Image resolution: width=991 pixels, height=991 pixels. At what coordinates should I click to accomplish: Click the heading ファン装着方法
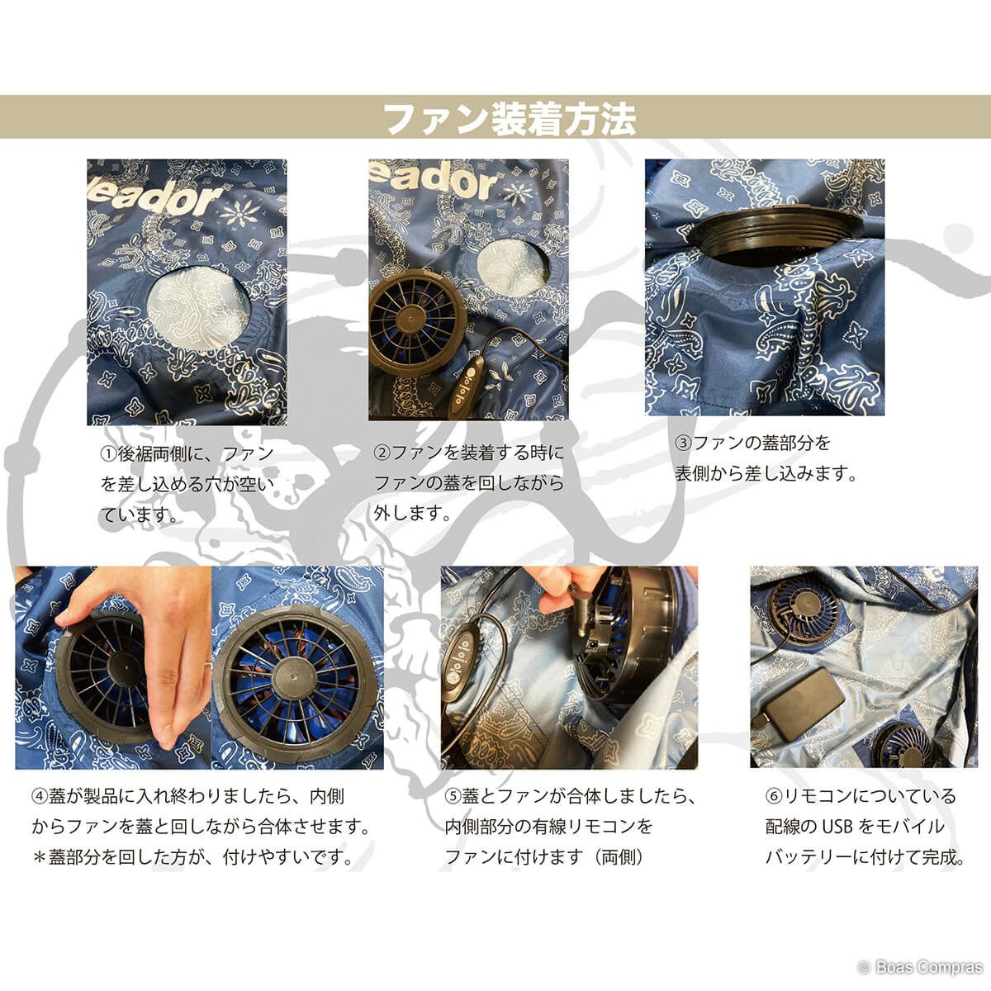510,120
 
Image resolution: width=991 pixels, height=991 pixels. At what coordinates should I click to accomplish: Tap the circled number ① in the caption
108,454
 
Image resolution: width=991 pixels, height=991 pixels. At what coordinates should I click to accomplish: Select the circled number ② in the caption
382,453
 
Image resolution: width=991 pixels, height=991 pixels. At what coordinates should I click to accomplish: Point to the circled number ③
684,443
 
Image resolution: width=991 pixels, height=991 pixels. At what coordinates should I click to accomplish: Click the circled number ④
40,797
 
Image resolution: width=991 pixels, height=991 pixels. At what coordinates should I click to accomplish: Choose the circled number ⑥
774,797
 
